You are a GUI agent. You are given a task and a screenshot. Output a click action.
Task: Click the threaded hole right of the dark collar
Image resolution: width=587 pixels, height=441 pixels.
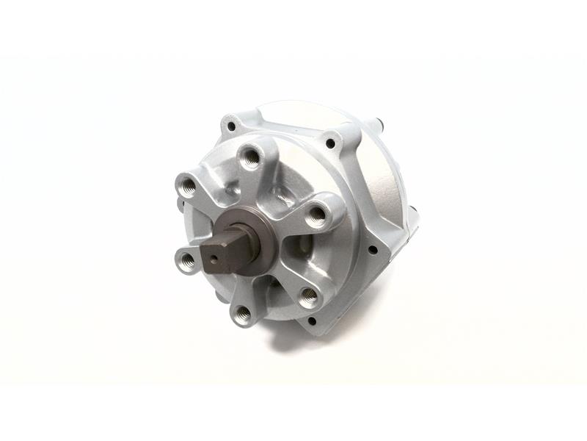pos(316,214)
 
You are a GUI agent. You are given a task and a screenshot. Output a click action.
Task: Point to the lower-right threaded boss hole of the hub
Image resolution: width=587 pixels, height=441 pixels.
pos(308,295)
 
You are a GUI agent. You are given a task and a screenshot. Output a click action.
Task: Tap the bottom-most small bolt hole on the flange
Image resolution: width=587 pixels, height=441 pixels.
pos(313,320)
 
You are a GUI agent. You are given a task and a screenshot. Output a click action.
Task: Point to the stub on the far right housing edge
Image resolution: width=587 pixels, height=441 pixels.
pos(418,214)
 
